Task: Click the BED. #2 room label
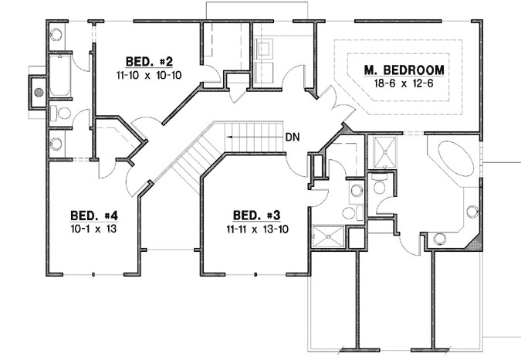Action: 144,60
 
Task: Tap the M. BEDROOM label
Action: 404,70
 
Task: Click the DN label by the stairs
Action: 293,138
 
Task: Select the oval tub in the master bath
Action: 454,160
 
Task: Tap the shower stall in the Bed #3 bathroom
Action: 330,234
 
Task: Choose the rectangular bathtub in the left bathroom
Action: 59,75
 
